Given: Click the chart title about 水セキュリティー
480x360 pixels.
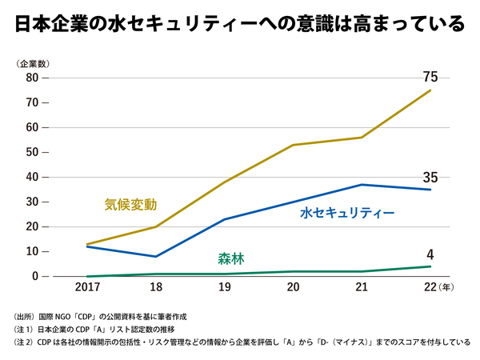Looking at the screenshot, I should tap(239, 23).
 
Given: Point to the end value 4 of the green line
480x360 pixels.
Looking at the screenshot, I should tap(430, 255).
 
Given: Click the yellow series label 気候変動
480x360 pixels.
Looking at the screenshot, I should tap(130, 204).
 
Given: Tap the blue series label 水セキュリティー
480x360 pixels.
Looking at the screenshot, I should tap(347, 214).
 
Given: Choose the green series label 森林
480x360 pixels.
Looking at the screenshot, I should tap(231, 258).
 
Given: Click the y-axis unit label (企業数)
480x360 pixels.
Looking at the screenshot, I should tap(33, 62).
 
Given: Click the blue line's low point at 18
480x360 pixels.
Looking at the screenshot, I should tap(155, 256).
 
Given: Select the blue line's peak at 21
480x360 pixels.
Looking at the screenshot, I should tap(362, 185).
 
